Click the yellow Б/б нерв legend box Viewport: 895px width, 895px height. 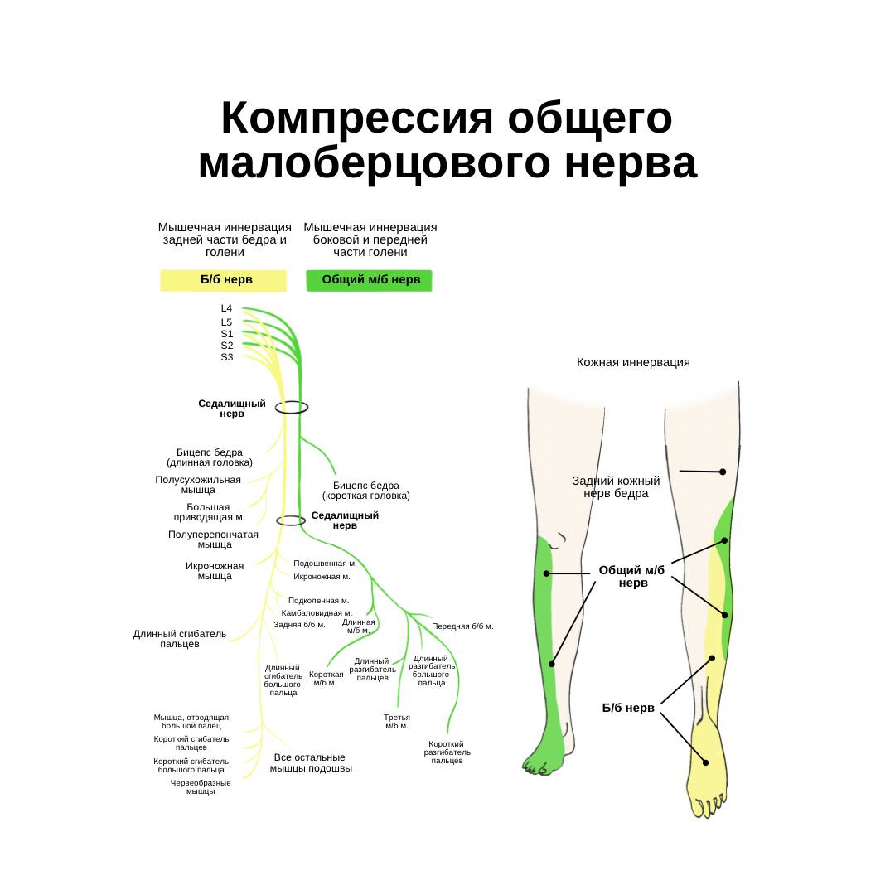click(x=224, y=280)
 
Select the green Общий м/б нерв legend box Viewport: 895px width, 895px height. click(x=370, y=280)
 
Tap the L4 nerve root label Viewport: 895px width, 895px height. click(x=226, y=308)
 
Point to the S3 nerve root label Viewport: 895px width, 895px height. click(x=226, y=357)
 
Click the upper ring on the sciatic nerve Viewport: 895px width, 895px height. click(x=292, y=408)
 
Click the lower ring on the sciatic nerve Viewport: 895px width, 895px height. click(x=291, y=520)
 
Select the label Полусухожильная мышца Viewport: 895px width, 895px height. click(x=198, y=485)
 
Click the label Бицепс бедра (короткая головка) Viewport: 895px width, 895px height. click(x=366, y=491)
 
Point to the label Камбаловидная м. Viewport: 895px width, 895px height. click(x=317, y=613)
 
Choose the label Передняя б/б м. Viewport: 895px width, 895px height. click(x=462, y=626)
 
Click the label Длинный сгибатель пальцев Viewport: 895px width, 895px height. click(x=180, y=639)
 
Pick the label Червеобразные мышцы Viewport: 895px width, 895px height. click(x=201, y=787)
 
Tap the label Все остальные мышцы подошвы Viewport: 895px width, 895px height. click(x=311, y=763)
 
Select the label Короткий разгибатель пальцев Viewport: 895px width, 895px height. click(x=447, y=752)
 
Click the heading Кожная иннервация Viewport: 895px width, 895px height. click(x=633, y=362)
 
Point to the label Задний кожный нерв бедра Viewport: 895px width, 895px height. click(x=616, y=487)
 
